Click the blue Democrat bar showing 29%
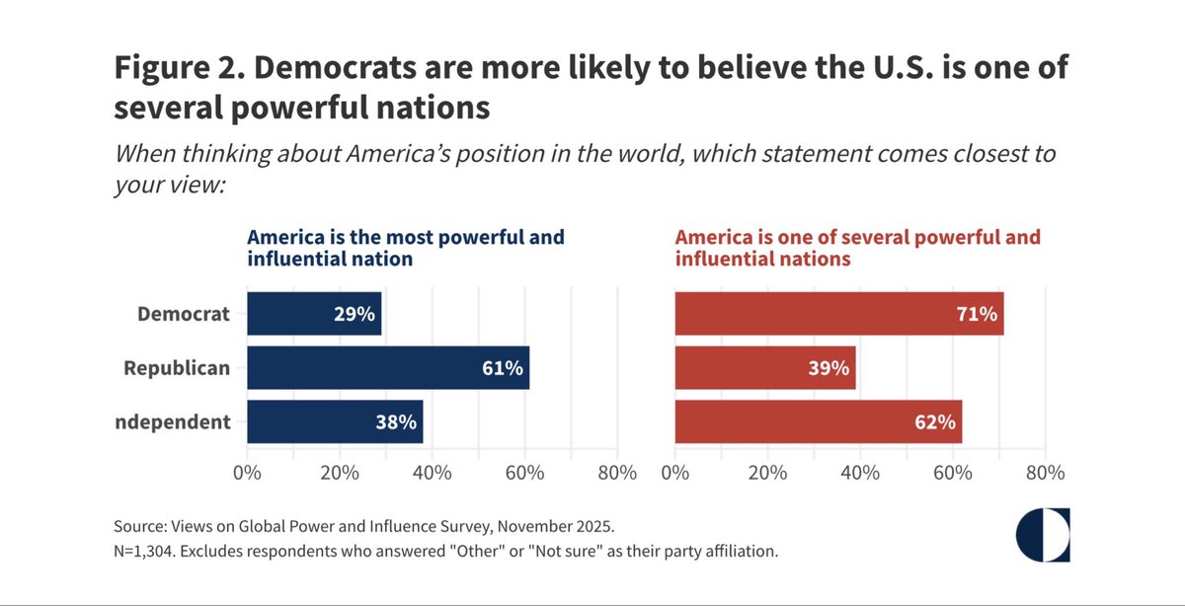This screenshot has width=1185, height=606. click(x=313, y=314)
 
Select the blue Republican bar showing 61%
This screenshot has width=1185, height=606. click(x=387, y=368)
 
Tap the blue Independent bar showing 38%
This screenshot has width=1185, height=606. click(x=334, y=421)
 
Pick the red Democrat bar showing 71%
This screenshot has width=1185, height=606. click(x=838, y=314)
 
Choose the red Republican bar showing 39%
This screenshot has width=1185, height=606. click(x=764, y=368)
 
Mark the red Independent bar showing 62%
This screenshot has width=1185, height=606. click(x=818, y=421)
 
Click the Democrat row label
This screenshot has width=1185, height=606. click(x=185, y=315)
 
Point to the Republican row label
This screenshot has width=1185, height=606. click(x=177, y=368)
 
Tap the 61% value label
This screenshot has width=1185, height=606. click(x=503, y=368)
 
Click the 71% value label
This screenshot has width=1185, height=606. click(x=979, y=315)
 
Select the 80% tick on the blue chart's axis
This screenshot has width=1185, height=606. click(x=617, y=472)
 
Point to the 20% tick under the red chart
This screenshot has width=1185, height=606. click(x=767, y=472)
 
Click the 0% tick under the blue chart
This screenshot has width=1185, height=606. click(x=247, y=472)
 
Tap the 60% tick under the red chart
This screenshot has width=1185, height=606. click(x=953, y=472)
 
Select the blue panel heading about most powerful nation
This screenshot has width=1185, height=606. click(x=405, y=249)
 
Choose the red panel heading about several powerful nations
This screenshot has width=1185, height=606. click(x=857, y=249)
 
